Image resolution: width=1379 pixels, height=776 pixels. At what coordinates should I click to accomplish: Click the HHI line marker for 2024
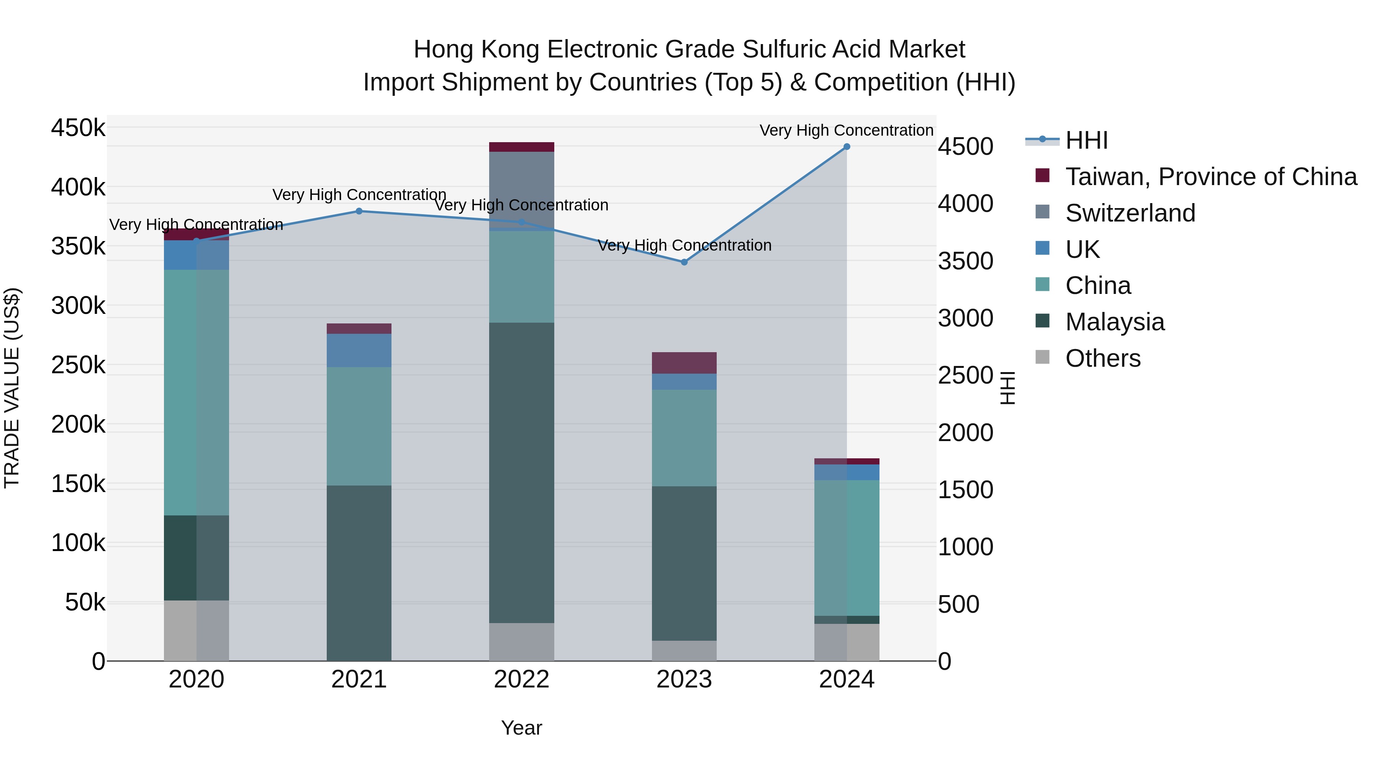coord(846,147)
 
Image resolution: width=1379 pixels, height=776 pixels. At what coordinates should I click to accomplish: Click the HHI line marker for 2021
coord(359,211)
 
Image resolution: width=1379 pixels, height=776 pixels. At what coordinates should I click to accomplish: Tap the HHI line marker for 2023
coord(684,262)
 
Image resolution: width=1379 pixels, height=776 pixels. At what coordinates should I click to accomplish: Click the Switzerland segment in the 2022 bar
coord(521,190)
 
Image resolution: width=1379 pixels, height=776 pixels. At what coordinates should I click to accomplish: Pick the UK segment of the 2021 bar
coord(359,350)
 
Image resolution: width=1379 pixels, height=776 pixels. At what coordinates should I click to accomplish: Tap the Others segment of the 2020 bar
coord(196,630)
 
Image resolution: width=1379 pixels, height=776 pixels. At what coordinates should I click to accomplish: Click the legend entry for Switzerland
coord(1130,213)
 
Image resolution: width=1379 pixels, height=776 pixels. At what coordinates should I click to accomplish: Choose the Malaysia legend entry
coord(1115,322)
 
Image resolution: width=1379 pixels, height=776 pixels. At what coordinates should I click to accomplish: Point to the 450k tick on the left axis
coord(78,128)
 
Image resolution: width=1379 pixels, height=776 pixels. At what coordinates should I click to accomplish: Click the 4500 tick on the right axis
coord(966,147)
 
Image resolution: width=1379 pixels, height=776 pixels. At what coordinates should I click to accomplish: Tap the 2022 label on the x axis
coord(521,679)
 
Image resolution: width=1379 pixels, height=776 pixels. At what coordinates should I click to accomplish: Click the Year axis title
coord(521,728)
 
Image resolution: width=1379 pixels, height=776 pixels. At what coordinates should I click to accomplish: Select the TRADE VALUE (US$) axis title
coord(12,388)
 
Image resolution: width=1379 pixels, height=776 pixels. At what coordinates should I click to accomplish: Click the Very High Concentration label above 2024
coord(846,130)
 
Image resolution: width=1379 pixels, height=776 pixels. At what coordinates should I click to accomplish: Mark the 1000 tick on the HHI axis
coord(966,547)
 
